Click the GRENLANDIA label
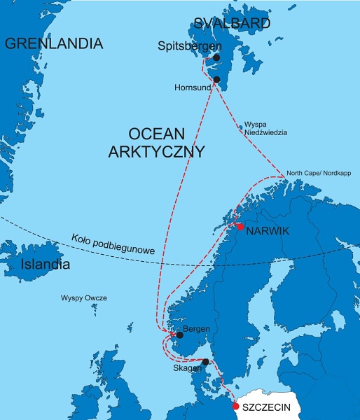53,44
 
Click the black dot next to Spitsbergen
216,57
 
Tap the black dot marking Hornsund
216,80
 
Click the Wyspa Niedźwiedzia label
265,127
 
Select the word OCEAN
156,133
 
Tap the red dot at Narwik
240,226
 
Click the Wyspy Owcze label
84,297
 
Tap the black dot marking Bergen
179,335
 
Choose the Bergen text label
195,328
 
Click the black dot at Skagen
205,362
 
